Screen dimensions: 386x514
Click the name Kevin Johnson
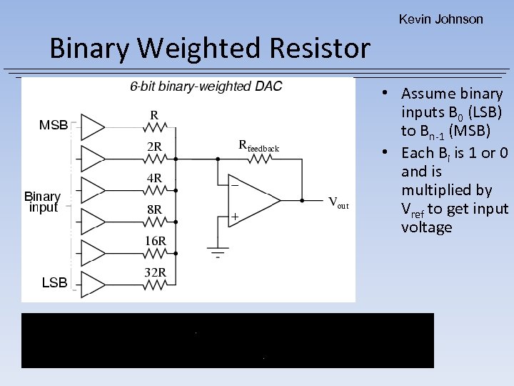click(440, 19)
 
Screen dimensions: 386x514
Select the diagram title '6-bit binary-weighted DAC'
click(206, 86)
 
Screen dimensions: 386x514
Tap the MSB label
click(54, 125)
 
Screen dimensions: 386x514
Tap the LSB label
click(54, 283)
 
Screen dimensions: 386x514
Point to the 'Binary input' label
click(42, 202)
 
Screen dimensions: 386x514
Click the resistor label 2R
click(153, 147)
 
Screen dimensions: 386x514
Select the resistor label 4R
click(153, 177)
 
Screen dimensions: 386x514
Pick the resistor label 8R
click(153, 209)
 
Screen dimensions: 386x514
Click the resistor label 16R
click(155, 241)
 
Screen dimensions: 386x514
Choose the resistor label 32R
click(155, 272)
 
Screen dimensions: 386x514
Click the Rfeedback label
click(258, 147)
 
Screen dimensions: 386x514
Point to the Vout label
click(338, 202)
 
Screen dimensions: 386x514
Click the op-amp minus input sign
click(234, 184)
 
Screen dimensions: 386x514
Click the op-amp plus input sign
click(234, 216)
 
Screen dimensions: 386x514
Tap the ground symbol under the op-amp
click(217, 252)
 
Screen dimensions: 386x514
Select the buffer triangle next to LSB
click(92, 284)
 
